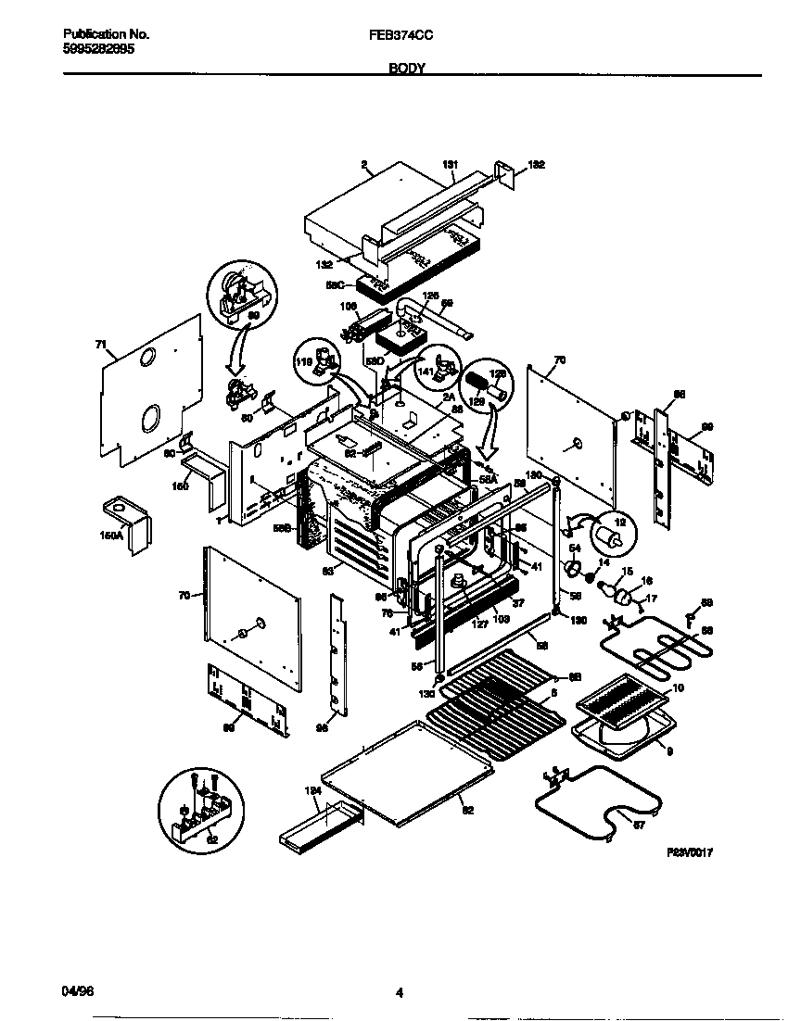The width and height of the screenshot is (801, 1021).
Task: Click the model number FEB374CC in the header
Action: pos(400,33)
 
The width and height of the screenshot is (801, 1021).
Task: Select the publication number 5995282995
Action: pos(97,49)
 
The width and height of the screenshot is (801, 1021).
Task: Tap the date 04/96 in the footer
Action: pos(78,991)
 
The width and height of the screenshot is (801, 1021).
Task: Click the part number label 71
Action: pos(100,344)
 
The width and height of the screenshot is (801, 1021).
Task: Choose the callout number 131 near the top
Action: pos(450,165)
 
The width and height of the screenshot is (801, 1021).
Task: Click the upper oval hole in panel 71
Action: pos(148,357)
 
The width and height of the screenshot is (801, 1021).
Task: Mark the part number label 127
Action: pos(453,624)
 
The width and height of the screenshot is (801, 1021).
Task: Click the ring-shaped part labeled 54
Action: pos(574,569)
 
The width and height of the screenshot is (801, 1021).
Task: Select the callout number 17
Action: pos(651,599)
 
